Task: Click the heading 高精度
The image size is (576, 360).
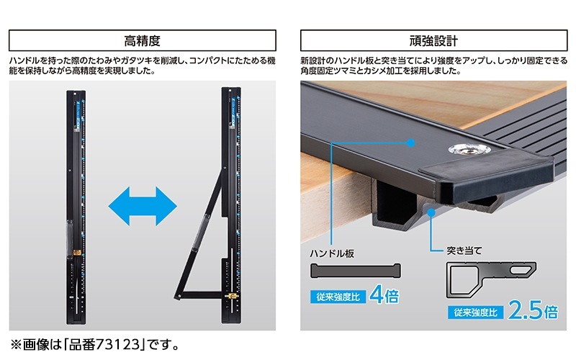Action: coord(143,40)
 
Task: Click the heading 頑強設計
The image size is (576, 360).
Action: coord(433,40)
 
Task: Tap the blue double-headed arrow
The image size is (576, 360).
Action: coord(143,206)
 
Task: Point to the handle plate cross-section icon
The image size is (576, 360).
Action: coord(354,271)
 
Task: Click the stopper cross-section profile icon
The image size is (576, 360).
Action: coord(491,278)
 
